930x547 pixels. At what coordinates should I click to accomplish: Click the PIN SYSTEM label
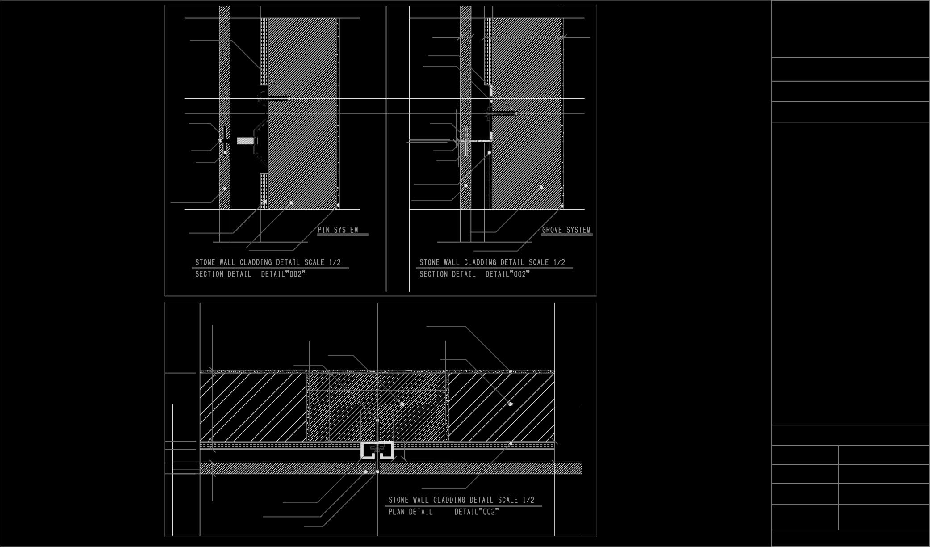pos(338,230)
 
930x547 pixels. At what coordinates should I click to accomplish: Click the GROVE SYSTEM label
pos(566,230)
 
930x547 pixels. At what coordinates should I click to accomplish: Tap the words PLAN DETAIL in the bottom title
pos(411,512)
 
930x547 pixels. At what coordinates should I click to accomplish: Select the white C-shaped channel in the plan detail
pos(377,450)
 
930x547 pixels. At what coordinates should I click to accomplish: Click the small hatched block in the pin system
pos(245,141)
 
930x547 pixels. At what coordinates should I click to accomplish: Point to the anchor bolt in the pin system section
pos(274,98)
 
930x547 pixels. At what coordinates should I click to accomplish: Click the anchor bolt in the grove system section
pos(501,114)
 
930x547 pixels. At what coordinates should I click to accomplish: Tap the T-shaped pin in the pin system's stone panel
pos(224,141)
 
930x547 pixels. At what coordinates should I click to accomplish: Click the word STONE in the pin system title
pos(205,262)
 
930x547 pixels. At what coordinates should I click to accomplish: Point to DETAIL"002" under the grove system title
pos(507,274)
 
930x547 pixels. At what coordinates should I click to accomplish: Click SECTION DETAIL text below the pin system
pos(223,274)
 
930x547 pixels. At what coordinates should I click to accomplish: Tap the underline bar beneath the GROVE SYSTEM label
pos(567,234)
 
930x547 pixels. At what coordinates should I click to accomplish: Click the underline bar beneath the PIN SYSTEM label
pos(343,234)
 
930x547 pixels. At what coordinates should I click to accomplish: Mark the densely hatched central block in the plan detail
pos(377,406)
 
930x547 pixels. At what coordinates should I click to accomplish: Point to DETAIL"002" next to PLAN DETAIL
pos(476,512)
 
